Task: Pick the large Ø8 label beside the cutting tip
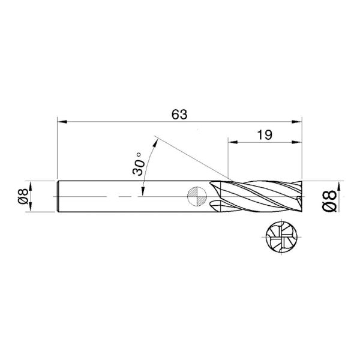[x=329, y=196]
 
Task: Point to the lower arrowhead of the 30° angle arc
[x=142, y=191]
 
